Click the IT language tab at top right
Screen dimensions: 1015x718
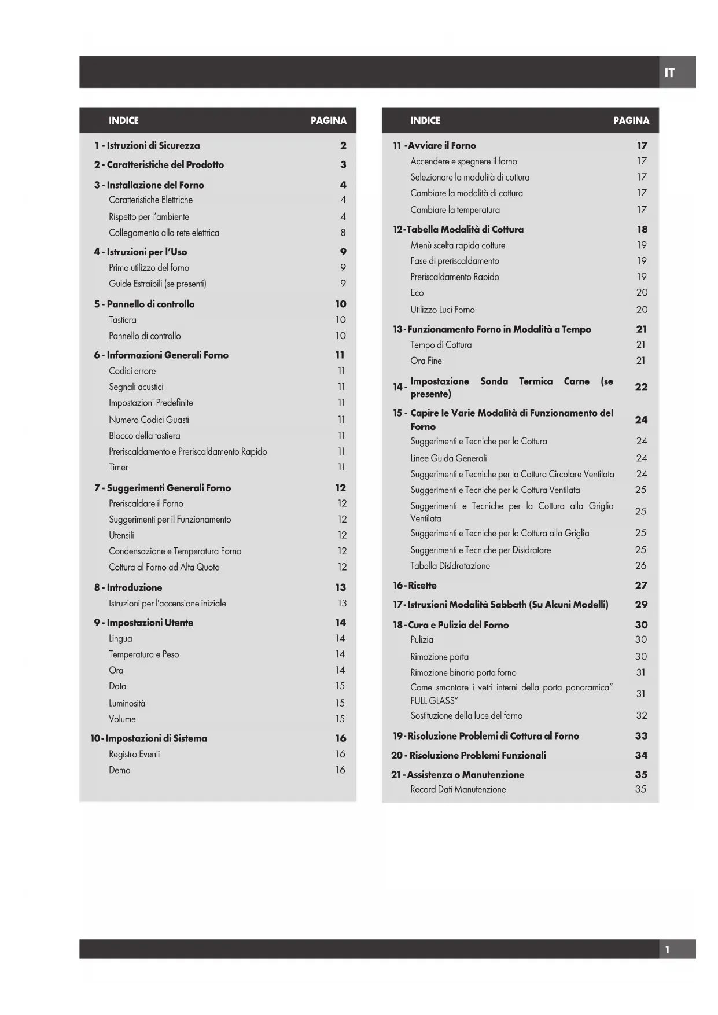[x=669, y=73]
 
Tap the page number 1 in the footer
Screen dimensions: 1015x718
[x=667, y=950]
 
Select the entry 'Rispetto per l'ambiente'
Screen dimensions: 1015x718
[x=149, y=217]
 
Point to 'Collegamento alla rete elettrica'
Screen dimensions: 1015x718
[x=164, y=233]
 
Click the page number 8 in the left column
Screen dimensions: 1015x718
[x=343, y=233]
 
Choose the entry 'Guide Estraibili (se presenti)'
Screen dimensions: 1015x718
[x=157, y=284]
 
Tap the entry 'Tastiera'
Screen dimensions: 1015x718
[x=123, y=320]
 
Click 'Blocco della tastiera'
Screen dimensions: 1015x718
[x=145, y=436]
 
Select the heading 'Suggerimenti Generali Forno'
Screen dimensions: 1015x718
[x=168, y=488]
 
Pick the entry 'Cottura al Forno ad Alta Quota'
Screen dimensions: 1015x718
[x=164, y=567]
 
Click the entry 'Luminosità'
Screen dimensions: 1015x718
[x=127, y=704]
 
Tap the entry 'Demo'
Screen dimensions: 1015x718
[x=120, y=770]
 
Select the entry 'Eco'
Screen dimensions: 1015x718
[x=417, y=293]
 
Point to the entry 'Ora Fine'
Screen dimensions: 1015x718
[x=426, y=361]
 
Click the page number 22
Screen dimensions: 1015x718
[x=641, y=387]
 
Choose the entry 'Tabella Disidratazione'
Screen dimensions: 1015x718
[x=450, y=566]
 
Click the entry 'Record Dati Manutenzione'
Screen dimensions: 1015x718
[x=458, y=789]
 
